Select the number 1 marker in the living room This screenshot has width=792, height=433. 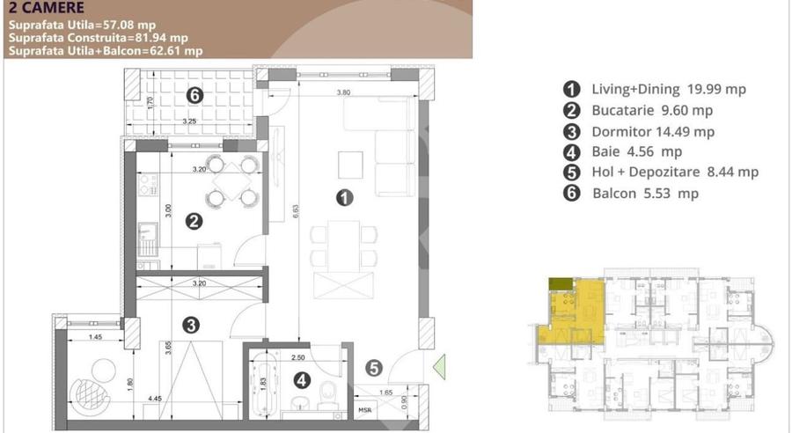coord(346,198)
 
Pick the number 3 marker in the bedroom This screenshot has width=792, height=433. coord(190,325)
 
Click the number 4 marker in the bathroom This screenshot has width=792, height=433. coord(302,381)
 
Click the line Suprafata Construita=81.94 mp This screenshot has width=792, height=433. coord(99,38)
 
